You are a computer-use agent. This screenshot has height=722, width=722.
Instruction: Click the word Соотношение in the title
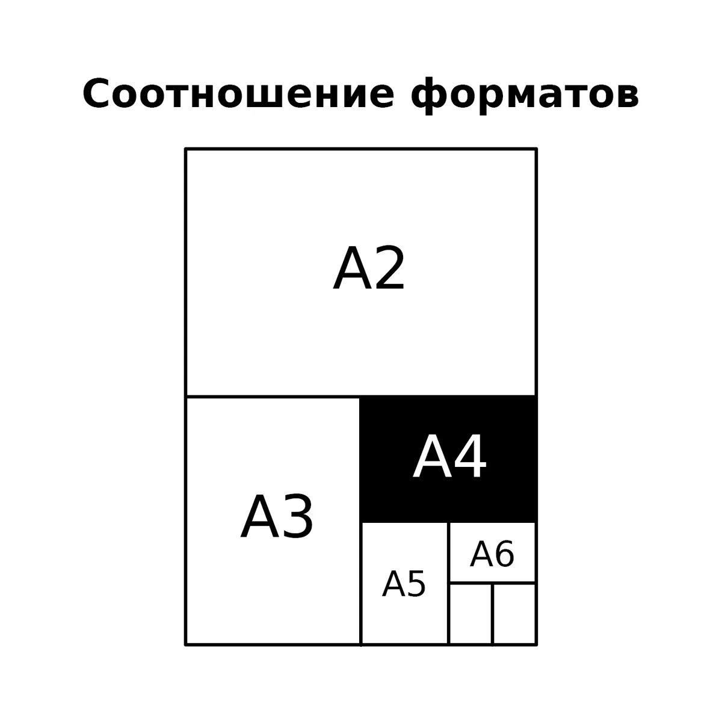[x=238, y=94]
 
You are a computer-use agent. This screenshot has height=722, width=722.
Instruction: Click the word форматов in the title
[x=525, y=96]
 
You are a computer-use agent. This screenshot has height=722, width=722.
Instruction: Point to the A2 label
[x=369, y=268]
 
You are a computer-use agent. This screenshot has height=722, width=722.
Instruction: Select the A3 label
[x=277, y=517]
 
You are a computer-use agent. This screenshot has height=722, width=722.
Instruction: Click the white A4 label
[x=449, y=457]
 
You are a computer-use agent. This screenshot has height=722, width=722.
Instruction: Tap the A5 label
[x=404, y=584]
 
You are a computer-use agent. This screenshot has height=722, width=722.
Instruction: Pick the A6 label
[x=492, y=555]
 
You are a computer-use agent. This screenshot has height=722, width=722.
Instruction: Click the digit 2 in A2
[x=390, y=268]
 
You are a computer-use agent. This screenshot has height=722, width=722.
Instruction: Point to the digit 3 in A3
[x=298, y=517]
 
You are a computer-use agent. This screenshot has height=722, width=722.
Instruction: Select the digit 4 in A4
[x=471, y=457]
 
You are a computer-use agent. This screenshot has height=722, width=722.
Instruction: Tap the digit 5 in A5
[x=416, y=584]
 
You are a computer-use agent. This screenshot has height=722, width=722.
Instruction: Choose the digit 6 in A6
[x=505, y=555]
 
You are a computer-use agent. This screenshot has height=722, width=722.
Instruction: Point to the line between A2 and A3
[x=273, y=396]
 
